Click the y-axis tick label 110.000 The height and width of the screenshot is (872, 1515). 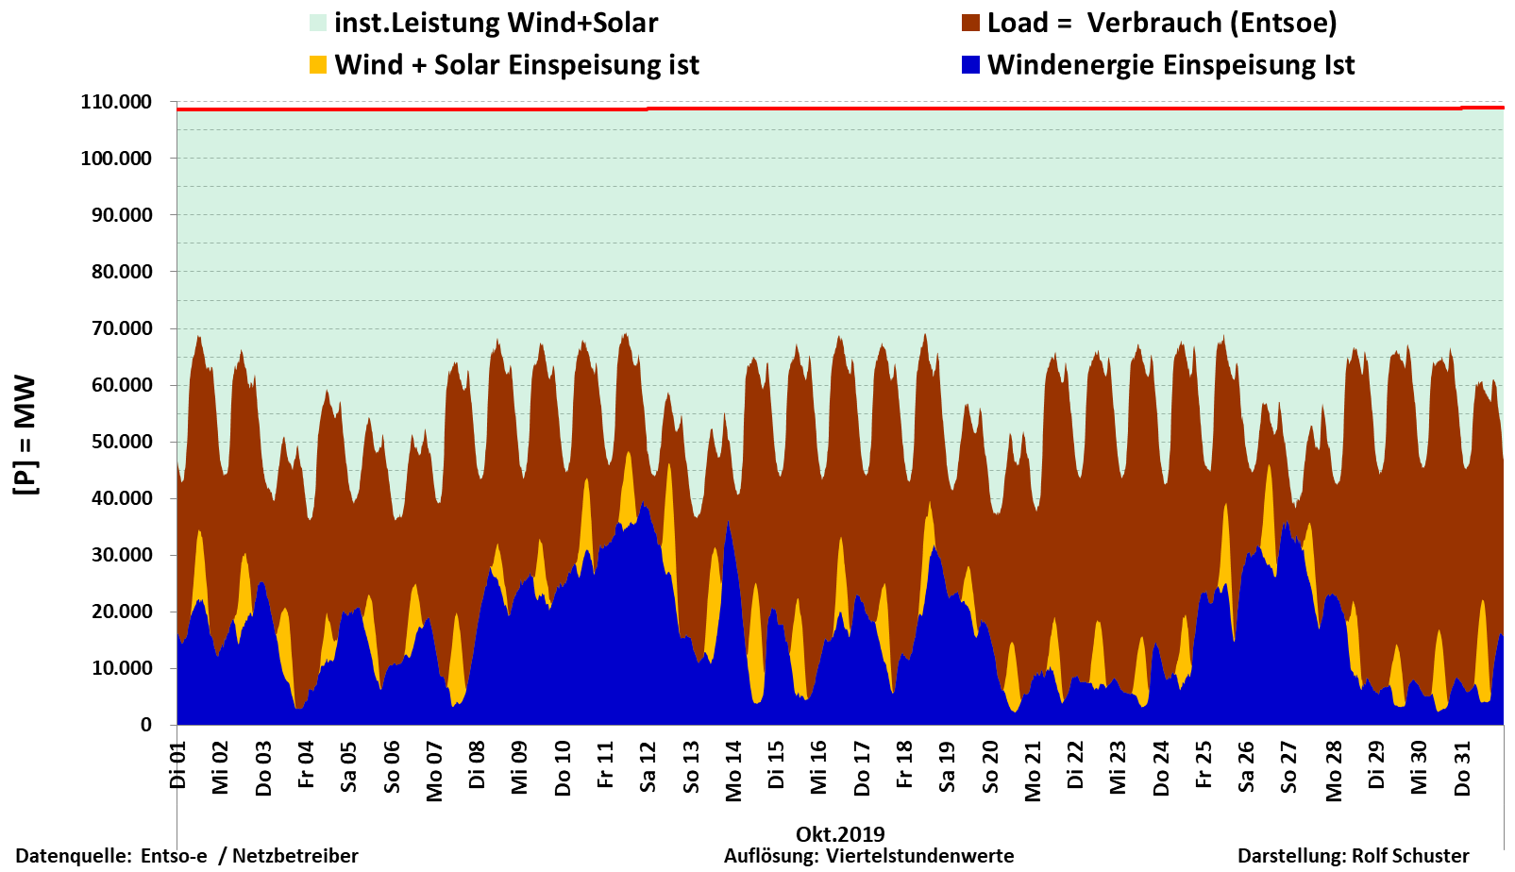tap(116, 102)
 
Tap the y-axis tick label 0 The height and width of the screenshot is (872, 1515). tap(146, 725)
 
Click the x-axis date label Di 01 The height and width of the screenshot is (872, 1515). tap(177, 765)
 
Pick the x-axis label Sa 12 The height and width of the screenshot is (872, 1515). tap(648, 766)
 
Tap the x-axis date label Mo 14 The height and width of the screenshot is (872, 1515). tap(733, 771)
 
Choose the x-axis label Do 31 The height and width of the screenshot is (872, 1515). tap(1462, 768)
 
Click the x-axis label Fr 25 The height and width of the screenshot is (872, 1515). tap(1204, 765)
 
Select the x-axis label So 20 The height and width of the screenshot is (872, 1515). tap(989, 766)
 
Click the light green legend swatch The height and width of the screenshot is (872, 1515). tap(318, 23)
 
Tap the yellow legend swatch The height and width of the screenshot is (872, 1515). tap(318, 65)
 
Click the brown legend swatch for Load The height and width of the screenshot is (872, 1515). tap(970, 23)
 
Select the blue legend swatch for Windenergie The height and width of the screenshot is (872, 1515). tap(970, 65)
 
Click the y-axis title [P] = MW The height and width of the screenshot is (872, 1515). tap(25, 434)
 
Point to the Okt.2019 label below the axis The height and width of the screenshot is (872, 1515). tap(840, 834)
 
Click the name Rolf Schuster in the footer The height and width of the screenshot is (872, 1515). tap(1410, 856)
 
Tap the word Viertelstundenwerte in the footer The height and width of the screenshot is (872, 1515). tap(919, 856)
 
